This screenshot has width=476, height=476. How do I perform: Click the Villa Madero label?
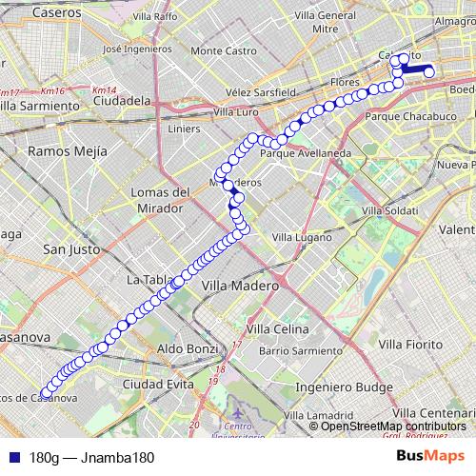240,285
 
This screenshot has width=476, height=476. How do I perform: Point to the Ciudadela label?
124,99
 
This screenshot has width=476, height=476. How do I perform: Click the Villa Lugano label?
300,235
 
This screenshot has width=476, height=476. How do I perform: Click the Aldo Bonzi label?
184,349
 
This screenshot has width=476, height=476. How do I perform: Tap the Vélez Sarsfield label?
261,92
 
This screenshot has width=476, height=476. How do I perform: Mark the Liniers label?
184,128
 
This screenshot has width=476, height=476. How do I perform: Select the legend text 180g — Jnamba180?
92,457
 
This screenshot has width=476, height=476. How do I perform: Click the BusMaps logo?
429,456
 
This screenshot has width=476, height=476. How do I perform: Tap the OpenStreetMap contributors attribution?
393,426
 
